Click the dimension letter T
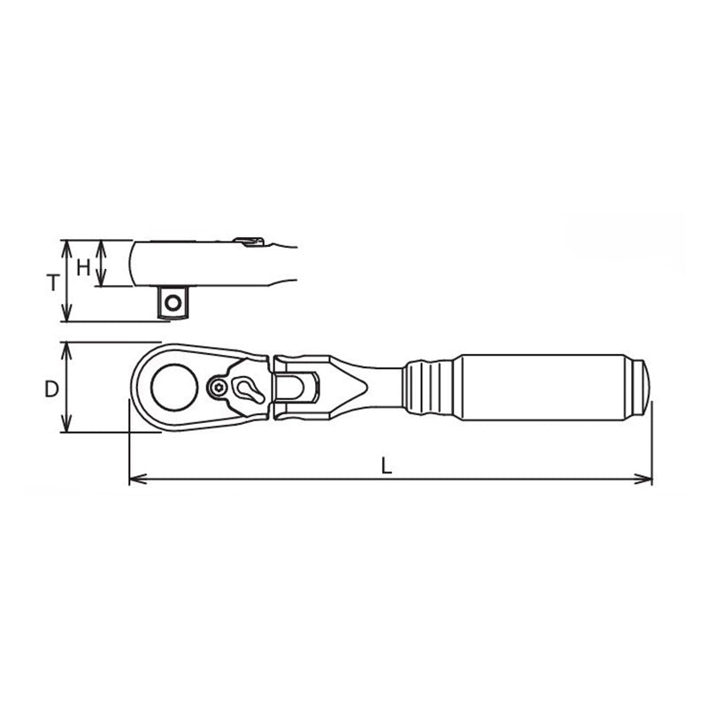point(53,283)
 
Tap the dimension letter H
point(83,265)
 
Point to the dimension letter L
point(387,466)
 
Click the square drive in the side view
point(173,302)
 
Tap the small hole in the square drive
point(173,303)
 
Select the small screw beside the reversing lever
point(220,387)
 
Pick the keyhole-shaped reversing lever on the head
point(244,387)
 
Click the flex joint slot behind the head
point(295,387)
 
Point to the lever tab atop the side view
point(249,239)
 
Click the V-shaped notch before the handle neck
point(358,387)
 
